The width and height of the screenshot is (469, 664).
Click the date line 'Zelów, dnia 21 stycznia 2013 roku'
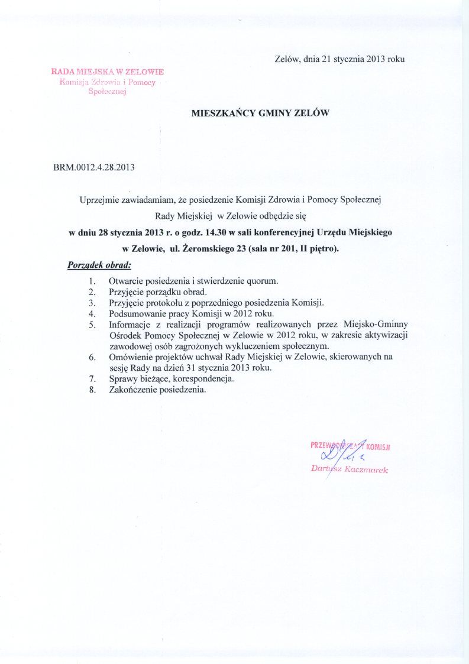point(339,59)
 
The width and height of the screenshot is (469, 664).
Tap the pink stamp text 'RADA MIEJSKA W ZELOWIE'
point(108,72)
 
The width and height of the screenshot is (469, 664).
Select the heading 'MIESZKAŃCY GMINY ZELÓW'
point(260,112)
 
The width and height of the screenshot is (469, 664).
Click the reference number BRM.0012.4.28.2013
point(94,167)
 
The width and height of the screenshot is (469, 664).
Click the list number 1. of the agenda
point(92,281)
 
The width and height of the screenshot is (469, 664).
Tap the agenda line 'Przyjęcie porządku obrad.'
point(157,292)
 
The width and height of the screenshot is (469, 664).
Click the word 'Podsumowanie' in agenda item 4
point(134,313)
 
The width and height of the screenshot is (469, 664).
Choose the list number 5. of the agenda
point(92,325)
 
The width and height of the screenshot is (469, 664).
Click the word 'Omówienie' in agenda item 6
point(129,357)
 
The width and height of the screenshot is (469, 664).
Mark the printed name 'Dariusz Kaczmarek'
point(349,469)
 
